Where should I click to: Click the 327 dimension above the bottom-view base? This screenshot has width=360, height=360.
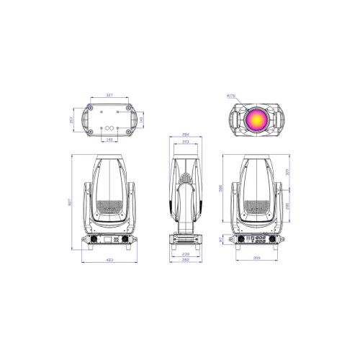click(109, 94)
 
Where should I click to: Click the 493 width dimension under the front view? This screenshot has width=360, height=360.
click(109, 259)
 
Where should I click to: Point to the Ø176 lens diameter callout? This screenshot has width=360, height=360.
click(230, 94)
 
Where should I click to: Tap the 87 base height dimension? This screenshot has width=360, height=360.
click(224, 239)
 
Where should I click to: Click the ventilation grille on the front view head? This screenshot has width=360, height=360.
click(109, 208)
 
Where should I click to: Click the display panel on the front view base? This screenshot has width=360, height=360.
click(109, 239)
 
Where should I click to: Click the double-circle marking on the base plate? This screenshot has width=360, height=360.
click(109, 120)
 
